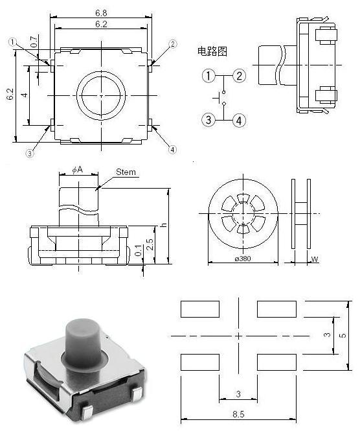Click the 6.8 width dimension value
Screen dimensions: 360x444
[101, 13]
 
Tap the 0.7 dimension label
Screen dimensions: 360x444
[34, 41]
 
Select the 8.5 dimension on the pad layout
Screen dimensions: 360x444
[238, 414]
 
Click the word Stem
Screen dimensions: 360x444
[126, 172]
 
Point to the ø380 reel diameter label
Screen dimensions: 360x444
[243, 258]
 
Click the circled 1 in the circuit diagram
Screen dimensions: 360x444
[208, 76]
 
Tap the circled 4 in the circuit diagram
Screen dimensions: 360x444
[240, 121]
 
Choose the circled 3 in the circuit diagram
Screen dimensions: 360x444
[208, 120]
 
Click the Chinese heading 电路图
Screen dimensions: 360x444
[212, 51]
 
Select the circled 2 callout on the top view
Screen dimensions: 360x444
[173, 44]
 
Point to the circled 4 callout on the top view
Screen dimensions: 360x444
[172, 149]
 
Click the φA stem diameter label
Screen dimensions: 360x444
[77, 170]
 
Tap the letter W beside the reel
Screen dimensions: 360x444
[315, 259]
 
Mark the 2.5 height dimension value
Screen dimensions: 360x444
[150, 244]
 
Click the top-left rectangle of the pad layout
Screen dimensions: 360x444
[200, 309]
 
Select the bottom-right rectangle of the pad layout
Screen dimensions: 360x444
[276, 362]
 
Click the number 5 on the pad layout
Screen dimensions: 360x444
[343, 335]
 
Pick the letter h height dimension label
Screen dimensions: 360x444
[163, 224]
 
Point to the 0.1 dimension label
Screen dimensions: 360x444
[138, 250]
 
